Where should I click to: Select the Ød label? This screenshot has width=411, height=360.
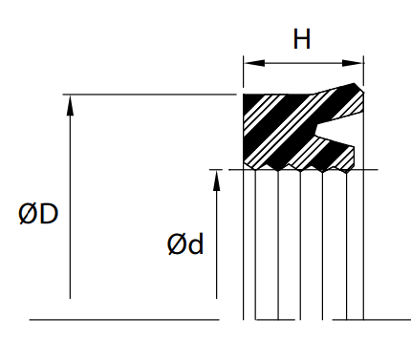(x=184, y=244)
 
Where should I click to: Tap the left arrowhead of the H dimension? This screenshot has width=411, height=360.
(x=249, y=64)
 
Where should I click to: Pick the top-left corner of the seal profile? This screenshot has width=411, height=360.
(x=245, y=95)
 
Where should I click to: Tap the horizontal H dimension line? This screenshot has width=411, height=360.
(x=303, y=64)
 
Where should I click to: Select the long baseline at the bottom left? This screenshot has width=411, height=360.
(x=124, y=319)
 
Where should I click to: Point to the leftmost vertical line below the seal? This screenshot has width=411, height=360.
(x=244, y=248)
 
